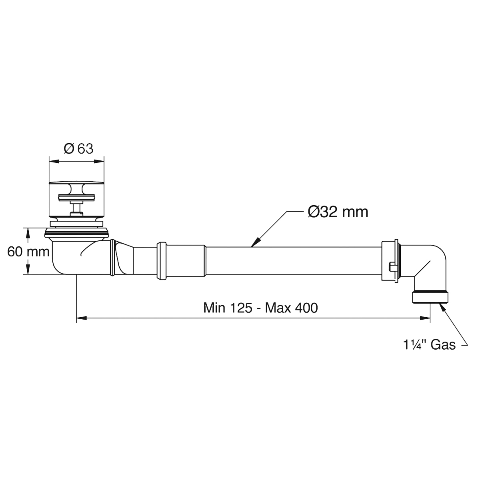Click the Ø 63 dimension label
tap(78, 149)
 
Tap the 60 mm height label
tap(28, 252)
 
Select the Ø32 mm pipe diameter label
tap(338, 212)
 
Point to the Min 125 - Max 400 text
tap(260, 308)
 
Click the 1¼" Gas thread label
tap(429, 345)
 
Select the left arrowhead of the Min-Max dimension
tap(82, 318)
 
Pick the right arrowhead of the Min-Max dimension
tap(425, 318)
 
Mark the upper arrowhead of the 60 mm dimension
tap(28, 233)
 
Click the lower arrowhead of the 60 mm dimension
tap(28, 269)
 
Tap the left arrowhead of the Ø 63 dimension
tap(54, 162)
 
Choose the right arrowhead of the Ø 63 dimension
tap(99, 162)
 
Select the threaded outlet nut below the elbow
tap(430, 297)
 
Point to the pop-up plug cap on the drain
tap(76, 186)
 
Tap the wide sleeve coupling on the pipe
tap(181, 260)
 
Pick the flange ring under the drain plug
tap(77, 232)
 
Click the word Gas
tap(443, 345)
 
